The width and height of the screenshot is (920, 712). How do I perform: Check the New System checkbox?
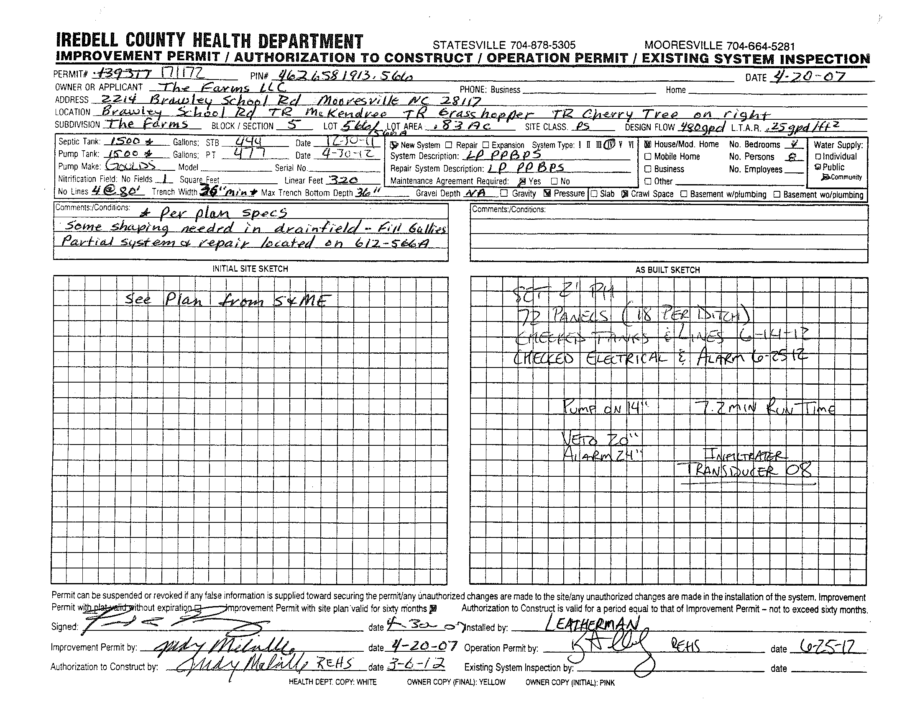[394, 145]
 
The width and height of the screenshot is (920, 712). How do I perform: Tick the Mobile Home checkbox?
[648, 157]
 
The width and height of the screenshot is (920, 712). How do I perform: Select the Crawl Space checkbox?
[625, 194]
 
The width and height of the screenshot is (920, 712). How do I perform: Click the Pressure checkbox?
[548, 193]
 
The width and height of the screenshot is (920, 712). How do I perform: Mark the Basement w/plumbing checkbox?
[684, 194]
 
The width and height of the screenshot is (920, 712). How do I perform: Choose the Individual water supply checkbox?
[818, 157]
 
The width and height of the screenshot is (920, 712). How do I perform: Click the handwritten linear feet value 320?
[343, 180]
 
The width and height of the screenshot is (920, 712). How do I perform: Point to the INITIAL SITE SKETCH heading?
[250, 269]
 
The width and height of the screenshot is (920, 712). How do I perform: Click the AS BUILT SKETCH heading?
[668, 270]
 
